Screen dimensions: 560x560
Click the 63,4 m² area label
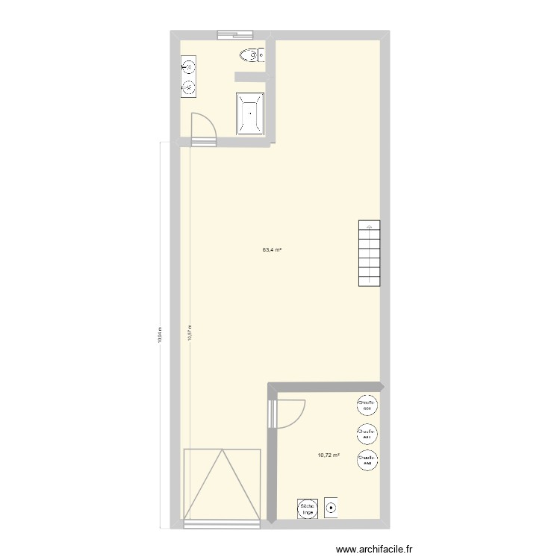[271, 250]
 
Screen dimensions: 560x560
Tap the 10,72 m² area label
[329, 455]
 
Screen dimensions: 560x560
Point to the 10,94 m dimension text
[159, 333]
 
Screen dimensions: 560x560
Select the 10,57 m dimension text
[190, 332]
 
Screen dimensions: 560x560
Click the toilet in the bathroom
[252, 55]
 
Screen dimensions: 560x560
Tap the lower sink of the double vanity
[189, 88]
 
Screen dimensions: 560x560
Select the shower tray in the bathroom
[250, 113]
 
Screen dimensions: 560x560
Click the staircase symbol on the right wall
[370, 254]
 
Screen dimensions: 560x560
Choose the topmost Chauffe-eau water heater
[367, 405]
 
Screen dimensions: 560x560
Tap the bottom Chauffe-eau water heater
[367, 460]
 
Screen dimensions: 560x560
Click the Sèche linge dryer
[307, 509]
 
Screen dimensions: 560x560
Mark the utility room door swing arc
[291, 413]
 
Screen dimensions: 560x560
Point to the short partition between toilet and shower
[249, 76]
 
